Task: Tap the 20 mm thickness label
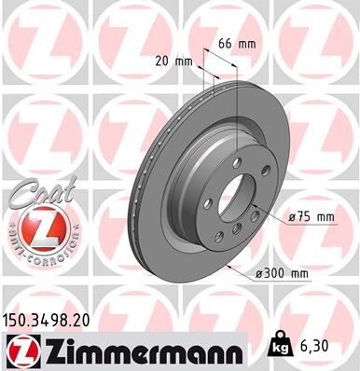[x=174, y=61]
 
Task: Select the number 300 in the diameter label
[x=278, y=272]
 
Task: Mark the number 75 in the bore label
[x=305, y=216]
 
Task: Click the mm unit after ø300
[x=299, y=272]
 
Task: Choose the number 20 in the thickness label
[x=164, y=61]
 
